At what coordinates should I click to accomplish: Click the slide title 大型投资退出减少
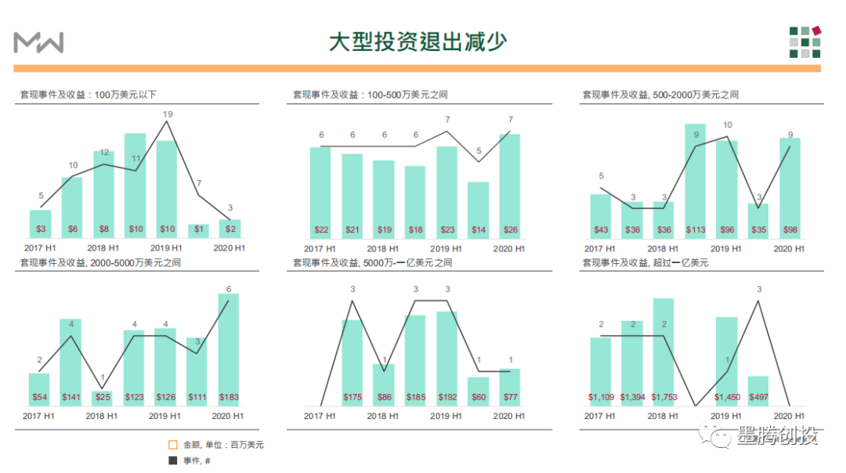coord(417,41)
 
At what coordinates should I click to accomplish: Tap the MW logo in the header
coord(38,42)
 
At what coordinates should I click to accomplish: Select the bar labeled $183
coord(228,348)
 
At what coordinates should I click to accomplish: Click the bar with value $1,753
coord(663,352)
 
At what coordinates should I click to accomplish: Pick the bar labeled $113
coord(695,180)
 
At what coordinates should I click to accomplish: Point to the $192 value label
coord(447,397)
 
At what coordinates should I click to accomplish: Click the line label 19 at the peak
coord(168,114)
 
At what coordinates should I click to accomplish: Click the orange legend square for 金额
coord(173,445)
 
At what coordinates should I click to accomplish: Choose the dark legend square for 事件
coord(173,460)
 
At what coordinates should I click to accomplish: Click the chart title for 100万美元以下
coord(89,95)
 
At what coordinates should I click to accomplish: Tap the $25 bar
coord(103,398)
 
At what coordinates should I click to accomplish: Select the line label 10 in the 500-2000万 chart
coord(728,125)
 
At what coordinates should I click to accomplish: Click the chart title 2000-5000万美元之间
coord(102,262)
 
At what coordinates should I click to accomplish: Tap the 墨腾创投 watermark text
coord(777,437)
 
